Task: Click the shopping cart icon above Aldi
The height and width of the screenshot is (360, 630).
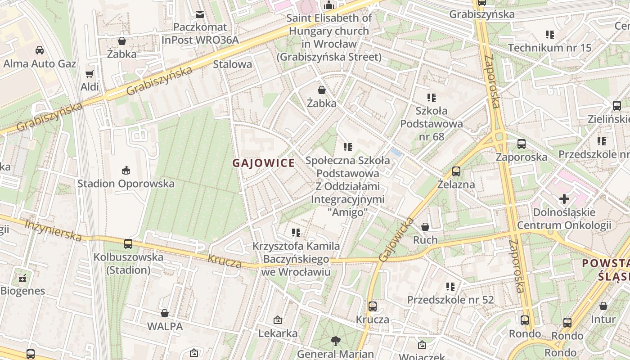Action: [x=90, y=74]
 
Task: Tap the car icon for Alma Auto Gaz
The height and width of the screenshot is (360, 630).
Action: [x=40, y=50]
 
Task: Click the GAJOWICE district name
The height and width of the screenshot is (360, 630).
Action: [x=264, y=163]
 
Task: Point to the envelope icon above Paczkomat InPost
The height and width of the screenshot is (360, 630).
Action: [x=200, y=14]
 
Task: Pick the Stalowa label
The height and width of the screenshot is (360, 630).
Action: [x=232, y=64]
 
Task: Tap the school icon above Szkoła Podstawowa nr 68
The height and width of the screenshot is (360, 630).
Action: [x=432, y=97]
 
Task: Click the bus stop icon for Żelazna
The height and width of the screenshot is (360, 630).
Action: [x=456, y=171]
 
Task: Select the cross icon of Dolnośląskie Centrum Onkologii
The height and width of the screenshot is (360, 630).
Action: [x=564, y=198]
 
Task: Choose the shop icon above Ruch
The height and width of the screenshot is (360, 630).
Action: [x=425, y=227]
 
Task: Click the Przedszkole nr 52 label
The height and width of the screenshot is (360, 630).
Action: [x=450, y=300]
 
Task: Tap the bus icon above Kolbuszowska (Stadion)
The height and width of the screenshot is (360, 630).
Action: [x=128, y=244]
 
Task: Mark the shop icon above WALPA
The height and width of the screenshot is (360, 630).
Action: [x=165, y=313]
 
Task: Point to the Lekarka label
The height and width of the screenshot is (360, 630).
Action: [x=278, y=333]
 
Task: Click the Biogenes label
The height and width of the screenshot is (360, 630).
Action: [x=22, y=291]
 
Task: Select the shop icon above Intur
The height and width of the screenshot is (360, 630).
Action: [x=603, y=306]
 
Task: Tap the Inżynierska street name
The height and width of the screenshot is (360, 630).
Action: [x=53, y=230]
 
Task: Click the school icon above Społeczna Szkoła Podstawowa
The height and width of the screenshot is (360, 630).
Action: [x=347, y=147]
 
